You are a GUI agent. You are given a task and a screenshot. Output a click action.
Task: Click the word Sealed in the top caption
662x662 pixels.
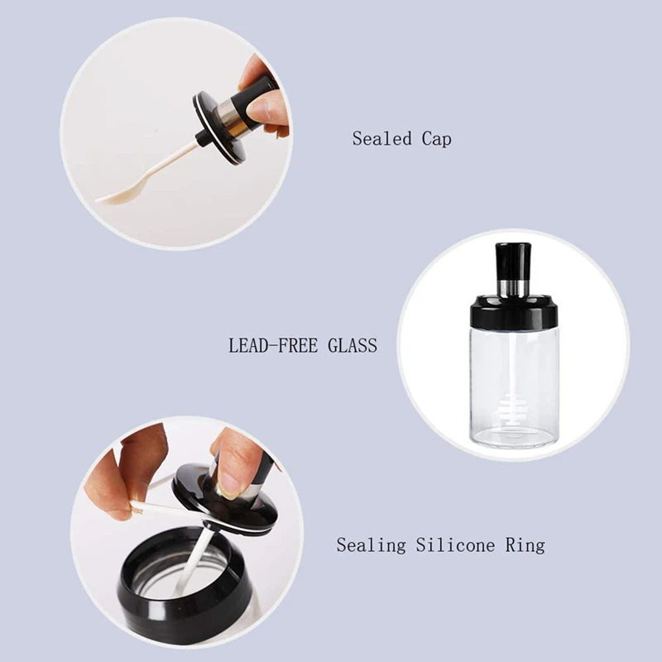click(381, 138)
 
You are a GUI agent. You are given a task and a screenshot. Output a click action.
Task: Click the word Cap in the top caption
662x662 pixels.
click(437, 139)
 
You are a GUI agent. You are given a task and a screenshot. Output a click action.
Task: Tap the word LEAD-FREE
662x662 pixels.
click(273, 345)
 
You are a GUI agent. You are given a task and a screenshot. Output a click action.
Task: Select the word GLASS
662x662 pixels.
click(353, 345)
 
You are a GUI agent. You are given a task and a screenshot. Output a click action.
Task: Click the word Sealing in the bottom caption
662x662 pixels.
click(371, 545)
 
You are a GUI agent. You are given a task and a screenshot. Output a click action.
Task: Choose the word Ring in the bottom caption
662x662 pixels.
click(525, 545)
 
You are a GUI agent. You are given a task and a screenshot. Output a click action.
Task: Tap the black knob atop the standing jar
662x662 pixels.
click(512, 261)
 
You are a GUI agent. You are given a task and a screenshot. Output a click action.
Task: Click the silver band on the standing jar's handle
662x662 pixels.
click(512, 287)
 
